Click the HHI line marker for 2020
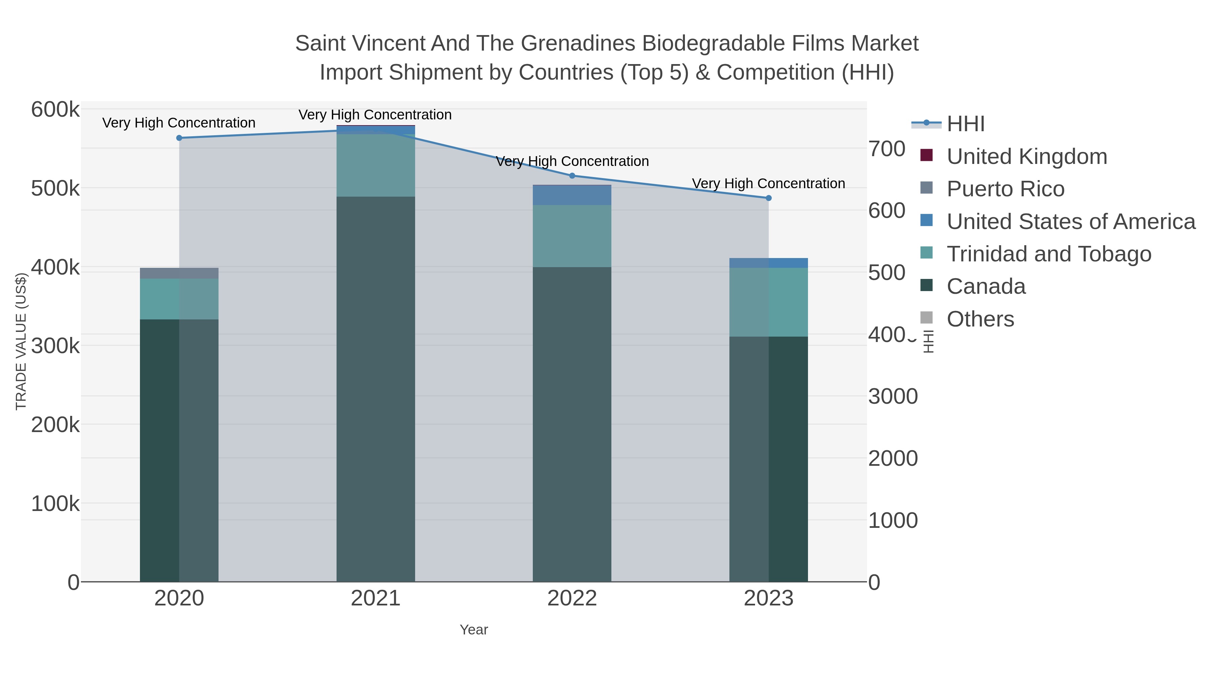pyautogui.click(x=179, y=138)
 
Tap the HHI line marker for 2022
pyautogui.click(x=572, y=176)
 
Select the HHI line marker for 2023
pyautogui.click(x=769, y=198)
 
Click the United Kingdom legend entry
pyautogui.click(x=1027, y=156)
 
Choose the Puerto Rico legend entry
pyautogui.click(x=1005, y=189)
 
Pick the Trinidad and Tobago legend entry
pyautogui.click(x=1048, y=254)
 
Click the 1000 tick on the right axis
pyautogui.click(x=893, y=520)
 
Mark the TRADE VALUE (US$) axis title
pyautogui.click(x=21, y=341)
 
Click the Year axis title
pyautogui.click(x=474, y=630)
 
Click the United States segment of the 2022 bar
pyautogui.click(x=572, y=195)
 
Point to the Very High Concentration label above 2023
pyautogui.click(x=768, y=183)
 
